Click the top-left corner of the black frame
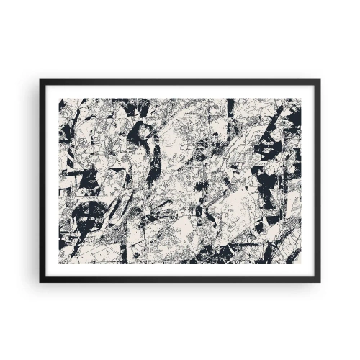[x=41, y=81]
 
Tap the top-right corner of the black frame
[x=320, y=81]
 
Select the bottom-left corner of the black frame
[x=41, y=281]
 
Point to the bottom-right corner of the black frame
[x=320, y=281]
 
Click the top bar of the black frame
[x=180, y=82]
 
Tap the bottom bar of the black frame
[x=180, y=279]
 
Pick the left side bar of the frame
[x=42, y=180]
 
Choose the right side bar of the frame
[x=318, y=180]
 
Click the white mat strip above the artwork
[x=180, y=91]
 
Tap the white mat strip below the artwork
[x=180, y=270]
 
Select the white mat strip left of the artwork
[x=52, y=180]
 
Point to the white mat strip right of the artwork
[x=309, y=180]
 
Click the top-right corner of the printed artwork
[x=301, y=99]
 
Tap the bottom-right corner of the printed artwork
[x=301, y=264]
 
